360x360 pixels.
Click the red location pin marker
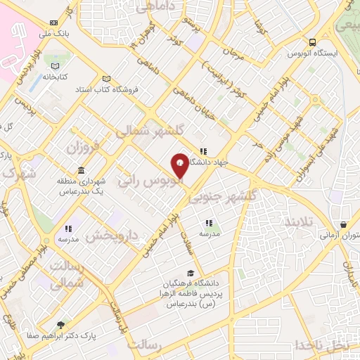tap(180, 165)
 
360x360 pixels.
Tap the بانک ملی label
tap(55, 32)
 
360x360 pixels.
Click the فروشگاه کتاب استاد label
tap(141, 89)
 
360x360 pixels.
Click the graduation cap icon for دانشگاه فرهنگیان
tap(191, 273)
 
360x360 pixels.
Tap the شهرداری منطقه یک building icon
tap(82, 171)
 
